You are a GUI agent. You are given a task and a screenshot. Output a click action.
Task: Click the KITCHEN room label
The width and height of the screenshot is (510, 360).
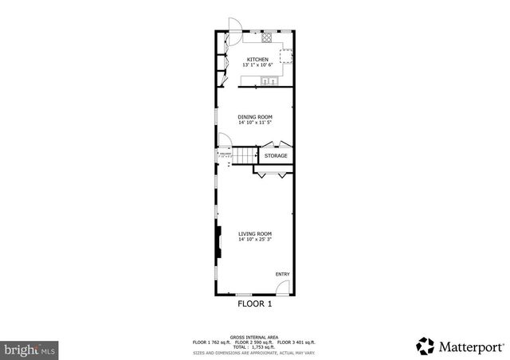257,60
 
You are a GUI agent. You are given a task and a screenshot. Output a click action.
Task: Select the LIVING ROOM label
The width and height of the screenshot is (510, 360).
255,233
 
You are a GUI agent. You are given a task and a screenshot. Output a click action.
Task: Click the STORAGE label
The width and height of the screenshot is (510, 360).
276,155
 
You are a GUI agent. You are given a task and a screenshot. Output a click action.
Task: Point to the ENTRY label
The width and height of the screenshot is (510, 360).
282,274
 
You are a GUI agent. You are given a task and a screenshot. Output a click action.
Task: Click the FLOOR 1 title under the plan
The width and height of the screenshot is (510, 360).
255,303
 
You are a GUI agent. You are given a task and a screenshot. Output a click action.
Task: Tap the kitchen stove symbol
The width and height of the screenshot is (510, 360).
266,37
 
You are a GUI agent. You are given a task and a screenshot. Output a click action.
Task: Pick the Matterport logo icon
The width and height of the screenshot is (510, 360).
424,345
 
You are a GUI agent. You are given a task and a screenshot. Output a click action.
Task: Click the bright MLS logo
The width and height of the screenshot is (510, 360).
29,349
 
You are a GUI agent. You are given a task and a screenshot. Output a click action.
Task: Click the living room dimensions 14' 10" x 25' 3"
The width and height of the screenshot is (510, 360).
255,240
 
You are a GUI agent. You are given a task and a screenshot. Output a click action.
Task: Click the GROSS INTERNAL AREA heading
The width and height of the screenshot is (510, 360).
255,337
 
